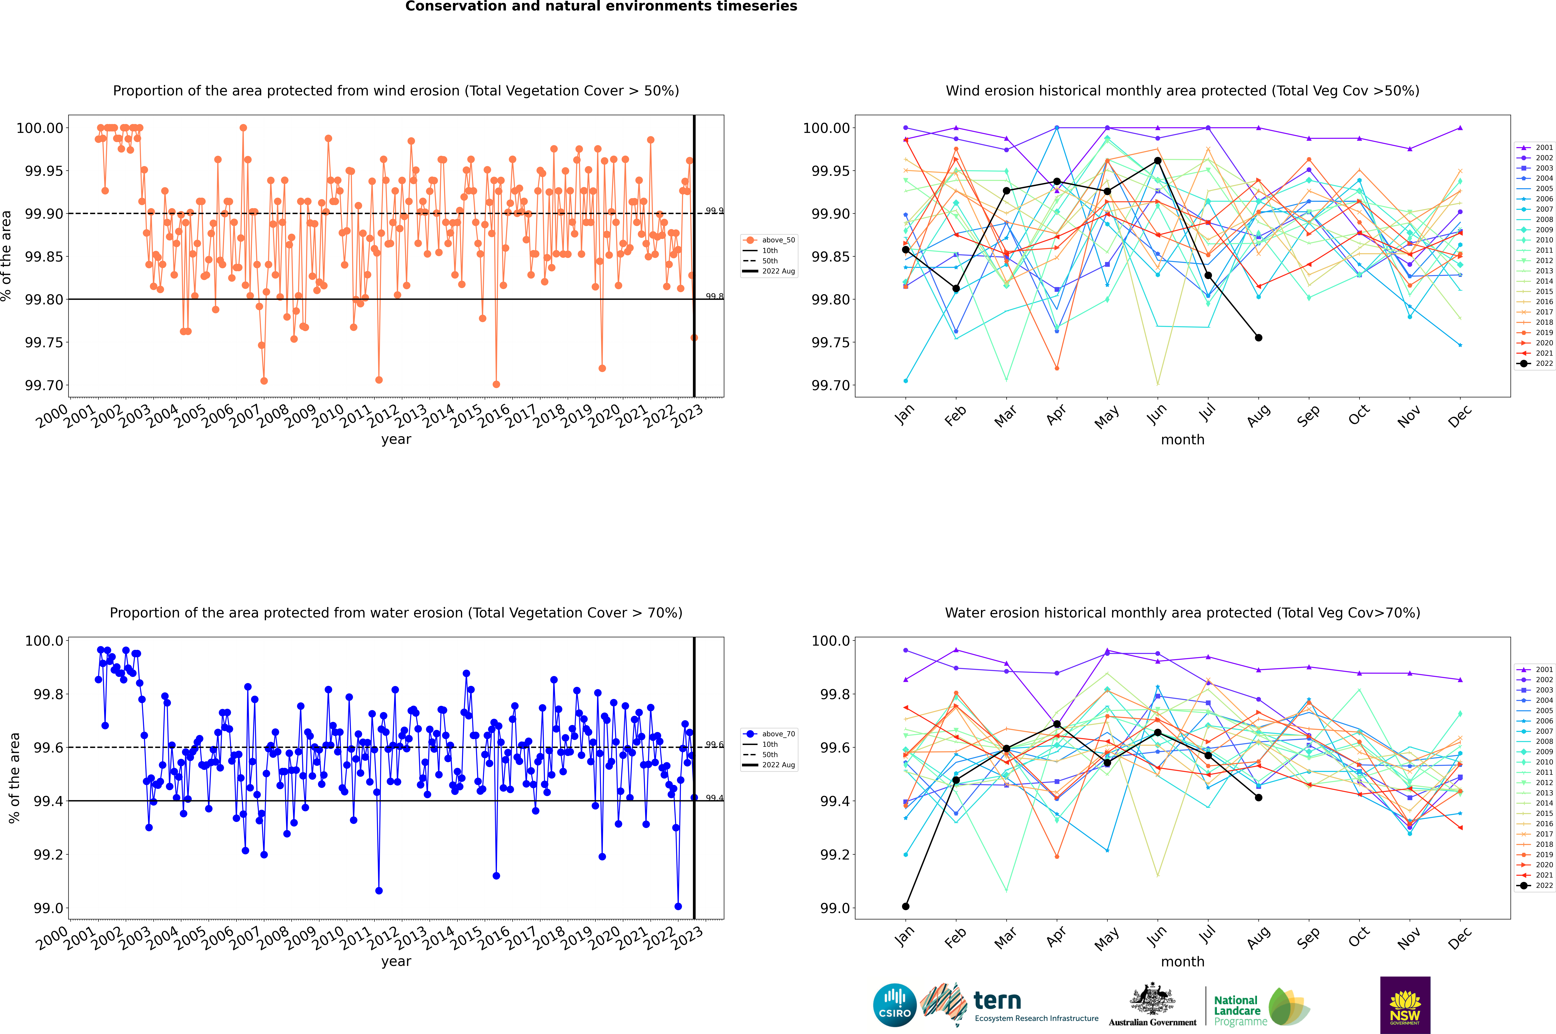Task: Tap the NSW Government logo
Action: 1405,1005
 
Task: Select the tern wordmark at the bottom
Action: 997,1001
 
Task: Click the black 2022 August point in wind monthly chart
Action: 1259,338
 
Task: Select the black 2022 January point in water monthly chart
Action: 906,906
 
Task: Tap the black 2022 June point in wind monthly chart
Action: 1158,160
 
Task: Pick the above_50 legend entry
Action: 769,240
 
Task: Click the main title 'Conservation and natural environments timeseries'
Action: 601,7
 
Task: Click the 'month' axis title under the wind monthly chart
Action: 1183,440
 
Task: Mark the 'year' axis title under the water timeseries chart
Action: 396,961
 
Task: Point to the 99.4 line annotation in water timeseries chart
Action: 714,798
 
